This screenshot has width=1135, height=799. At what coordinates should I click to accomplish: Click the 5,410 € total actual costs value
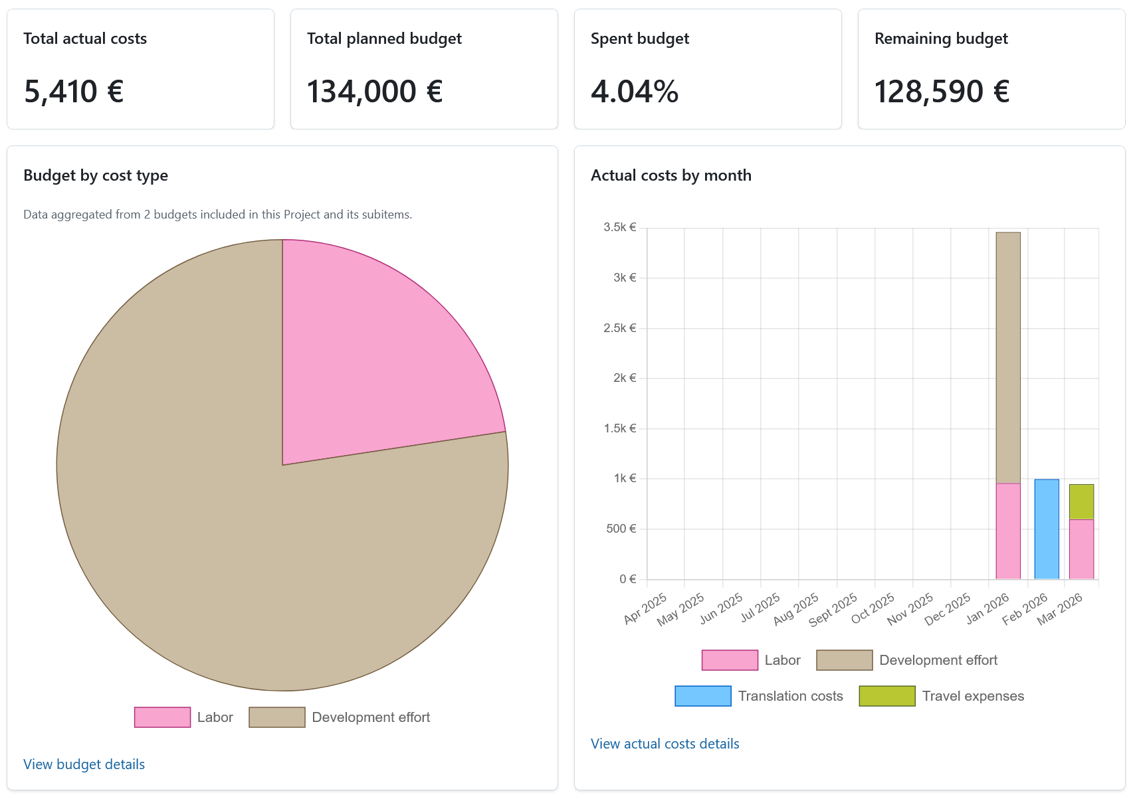[74, 92]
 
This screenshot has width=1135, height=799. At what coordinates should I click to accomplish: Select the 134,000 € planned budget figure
[375, 92]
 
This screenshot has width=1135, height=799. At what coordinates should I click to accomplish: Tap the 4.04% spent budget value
[635, 92]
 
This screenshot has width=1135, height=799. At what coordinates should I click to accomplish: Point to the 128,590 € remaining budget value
[942, 92]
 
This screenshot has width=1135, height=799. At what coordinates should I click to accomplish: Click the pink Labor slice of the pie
[372, 359]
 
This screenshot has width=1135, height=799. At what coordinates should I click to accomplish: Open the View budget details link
[84, 764]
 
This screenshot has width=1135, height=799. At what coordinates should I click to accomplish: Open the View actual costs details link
[665, 744]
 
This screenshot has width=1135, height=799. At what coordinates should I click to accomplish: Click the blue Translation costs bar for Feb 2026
[1047, 529]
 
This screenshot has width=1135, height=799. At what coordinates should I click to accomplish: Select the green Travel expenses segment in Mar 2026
[1081, 501]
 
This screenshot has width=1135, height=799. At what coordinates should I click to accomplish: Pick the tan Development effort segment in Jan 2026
[1008, 357]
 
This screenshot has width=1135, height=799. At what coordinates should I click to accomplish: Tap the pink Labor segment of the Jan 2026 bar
[1008, 531]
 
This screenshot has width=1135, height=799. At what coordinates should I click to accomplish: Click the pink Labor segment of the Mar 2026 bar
[1081, 549]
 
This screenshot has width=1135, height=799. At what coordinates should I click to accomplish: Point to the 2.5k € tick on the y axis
[619, 328]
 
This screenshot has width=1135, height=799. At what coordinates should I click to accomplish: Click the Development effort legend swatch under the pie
[277, 717]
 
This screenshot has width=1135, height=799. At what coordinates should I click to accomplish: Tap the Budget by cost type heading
[96, 175]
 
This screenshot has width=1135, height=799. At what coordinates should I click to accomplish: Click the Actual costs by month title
[671, 175]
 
